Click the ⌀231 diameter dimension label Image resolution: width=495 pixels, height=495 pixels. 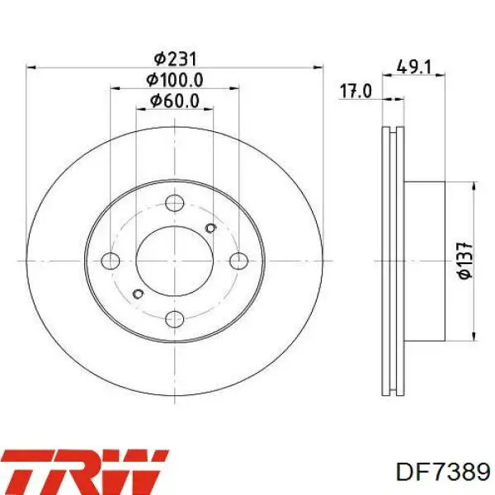pyautogui.click(x=175, y=59)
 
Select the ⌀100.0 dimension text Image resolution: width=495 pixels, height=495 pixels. pyautogui.click(x=175, y=80)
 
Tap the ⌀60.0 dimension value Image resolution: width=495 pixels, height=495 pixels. pyautogui.click(x=175, y=101)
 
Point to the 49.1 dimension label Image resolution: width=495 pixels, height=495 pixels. pyautogui.click(x=413, y=67)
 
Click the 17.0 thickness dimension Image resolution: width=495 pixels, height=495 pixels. pyautogui.click(x=356, y=92)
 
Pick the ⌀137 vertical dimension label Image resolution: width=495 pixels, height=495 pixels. pyautogui.click(x=465, y=261)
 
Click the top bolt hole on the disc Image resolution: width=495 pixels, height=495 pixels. pyautogui.click(x=175, y=203)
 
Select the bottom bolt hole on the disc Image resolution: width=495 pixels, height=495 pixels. pyautogui.click(x=175, y=318)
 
